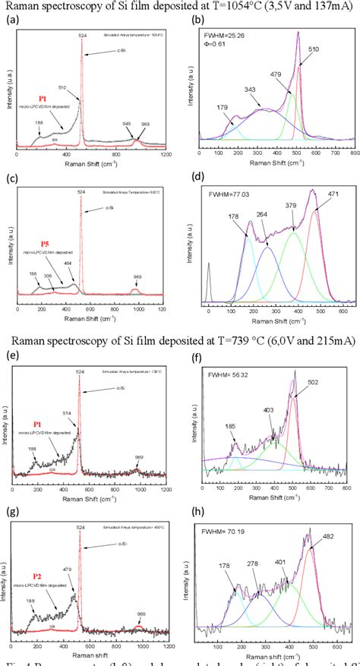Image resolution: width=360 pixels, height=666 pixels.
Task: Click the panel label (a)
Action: click(11, 21)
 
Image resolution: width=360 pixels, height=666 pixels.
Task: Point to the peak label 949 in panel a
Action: click(125, 124)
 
